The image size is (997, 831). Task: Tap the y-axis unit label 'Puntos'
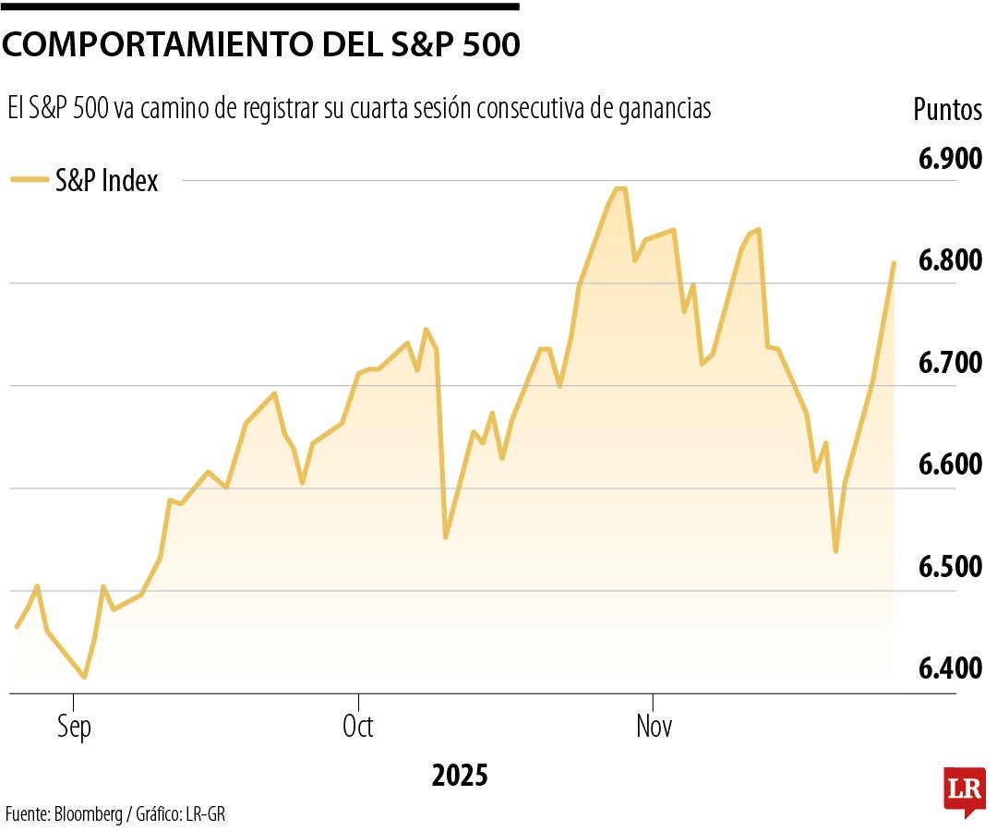click(x=947, y=110)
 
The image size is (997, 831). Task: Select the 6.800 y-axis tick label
click(x=950, y=261)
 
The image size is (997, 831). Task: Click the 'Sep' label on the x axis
click(x=74, y=728)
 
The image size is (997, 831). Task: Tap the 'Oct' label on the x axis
click(x=357, y=728)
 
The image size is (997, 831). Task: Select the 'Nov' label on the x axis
click(x=654, y=728)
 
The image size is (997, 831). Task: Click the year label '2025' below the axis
click(x=459, y=776)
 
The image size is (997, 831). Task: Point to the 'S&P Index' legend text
click(x=106, y=181)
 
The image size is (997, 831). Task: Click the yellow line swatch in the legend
click(x=30, y=181)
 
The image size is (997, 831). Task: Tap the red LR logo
click(x=963, y=790)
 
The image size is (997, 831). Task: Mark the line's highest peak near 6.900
click(x=619, y=189)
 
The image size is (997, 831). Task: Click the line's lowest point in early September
click(x=85, y=678)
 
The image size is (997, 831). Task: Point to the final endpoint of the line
click(x=894, y=263)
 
